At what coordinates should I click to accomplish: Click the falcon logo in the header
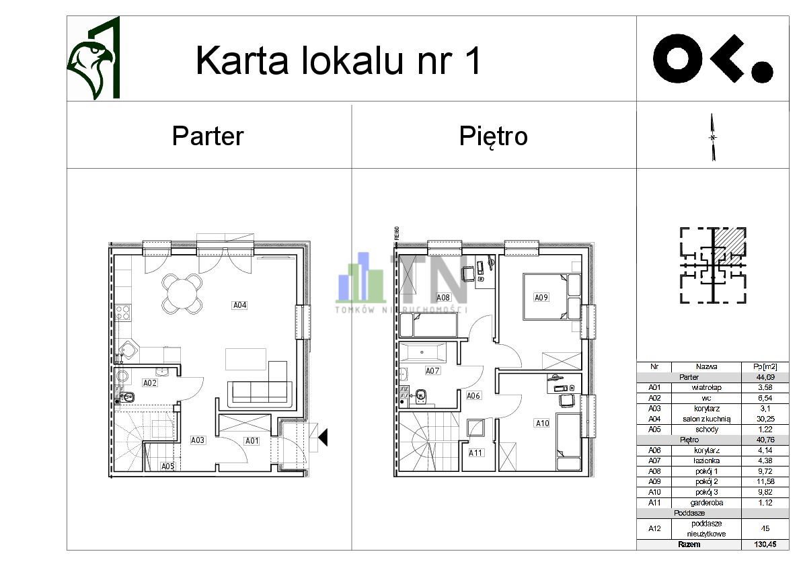(94, 60)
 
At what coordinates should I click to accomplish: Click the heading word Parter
(207, 136)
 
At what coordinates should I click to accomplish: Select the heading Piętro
(493, 136)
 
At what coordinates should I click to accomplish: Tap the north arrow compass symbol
(713, 138)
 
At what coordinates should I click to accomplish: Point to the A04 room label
(240, 305)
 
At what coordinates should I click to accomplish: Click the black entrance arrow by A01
(323, 438)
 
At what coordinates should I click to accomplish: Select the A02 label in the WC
(150, 382)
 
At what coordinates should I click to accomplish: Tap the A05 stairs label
(167, 466)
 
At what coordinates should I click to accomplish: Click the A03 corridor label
(198, 441)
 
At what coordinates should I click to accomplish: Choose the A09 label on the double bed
(541, 297)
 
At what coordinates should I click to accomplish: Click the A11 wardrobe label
(475, 452)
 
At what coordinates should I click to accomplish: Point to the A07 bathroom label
(432, 370)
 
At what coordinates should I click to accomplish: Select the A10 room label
(542, 423)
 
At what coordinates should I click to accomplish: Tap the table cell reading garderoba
(707, 502)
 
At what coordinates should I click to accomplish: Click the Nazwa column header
(707, 367)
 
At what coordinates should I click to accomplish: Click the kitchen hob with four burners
(123, 312)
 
